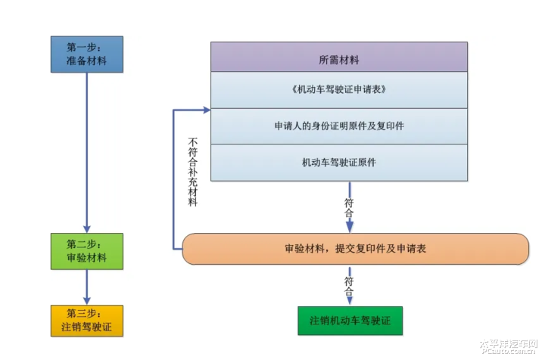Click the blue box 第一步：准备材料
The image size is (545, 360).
pyautogui.click(x=86, y=54)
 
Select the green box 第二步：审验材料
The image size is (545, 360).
pyautogui.click(x=86, y=251)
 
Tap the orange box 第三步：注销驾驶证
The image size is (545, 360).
pyautogui.click(x=86, y=320)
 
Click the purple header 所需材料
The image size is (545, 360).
pyautogui.click(x=338, y=58)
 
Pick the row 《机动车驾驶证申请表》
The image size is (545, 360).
pyautogui.click(x=338, y=90)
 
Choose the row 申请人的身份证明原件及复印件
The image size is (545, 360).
pyautogui.click(x=338, y=126)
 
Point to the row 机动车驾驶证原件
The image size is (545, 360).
pyautogui.click(x=338, y=163)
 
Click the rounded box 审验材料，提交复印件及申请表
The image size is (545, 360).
pyautogui.click(x=355, y=248)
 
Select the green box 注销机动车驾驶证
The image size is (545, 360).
pyautogui.click(x=350, y=321)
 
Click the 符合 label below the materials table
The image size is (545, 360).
pyautogui.click(x=349, y=208)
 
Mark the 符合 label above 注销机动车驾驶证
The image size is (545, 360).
pyautogui.click(x=349, y=286)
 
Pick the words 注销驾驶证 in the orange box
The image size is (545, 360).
pyautogui.click(x=86, y=327)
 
